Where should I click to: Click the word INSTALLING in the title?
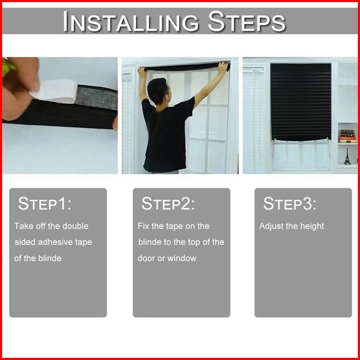click(131, 22)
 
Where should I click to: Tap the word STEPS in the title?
click(247, 21)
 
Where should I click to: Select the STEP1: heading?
click(44, 203)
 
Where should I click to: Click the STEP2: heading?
click(168, 203)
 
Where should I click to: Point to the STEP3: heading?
click(290, 203)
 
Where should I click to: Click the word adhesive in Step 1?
click(53, 242)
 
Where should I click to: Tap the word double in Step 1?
click(75, 226)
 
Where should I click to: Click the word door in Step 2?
click(146, 259)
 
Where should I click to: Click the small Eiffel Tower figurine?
click(347, 157)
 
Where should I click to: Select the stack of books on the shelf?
click(348, 136)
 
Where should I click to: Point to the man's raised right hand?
click(223, 67)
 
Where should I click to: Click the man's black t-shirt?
click(167, 134)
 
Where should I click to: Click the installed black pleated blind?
click(301, 102)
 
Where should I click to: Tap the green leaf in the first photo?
click(7, 66)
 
